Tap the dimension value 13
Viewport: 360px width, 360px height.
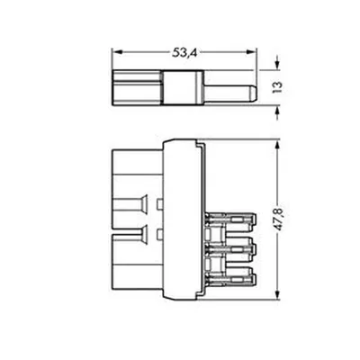pos(277,87)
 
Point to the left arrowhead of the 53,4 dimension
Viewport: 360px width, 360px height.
pos(117,52)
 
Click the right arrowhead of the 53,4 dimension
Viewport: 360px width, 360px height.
pos(252,52)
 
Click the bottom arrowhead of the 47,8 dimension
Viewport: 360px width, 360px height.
pos(277,294)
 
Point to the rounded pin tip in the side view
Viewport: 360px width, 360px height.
pos(254,94)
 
